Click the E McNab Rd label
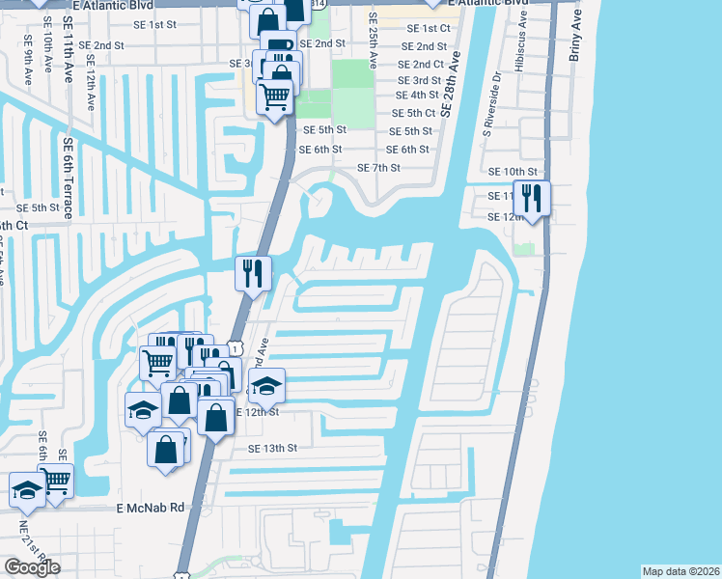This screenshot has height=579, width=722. [150, 508]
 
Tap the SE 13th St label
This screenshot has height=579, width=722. [273, 449]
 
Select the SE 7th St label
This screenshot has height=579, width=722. [378, 168]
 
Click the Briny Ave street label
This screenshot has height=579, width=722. [575, 37]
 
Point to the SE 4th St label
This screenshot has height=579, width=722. [418, 96]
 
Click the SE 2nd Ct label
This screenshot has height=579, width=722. [420, 64]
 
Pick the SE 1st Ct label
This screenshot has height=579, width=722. [429, 30]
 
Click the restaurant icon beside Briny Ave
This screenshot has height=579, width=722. [531, 198]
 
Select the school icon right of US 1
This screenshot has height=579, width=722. [265, 387]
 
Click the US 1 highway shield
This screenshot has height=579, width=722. [235, 347]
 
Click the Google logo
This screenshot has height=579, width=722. [32, 568]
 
